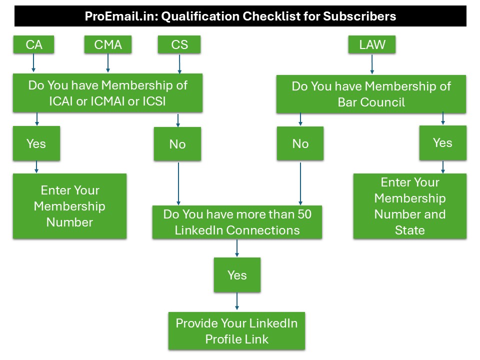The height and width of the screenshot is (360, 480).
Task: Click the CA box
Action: [x=33, y=45]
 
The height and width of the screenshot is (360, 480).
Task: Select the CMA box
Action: [x=108, y=45]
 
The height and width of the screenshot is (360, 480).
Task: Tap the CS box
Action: [x=179, y=45]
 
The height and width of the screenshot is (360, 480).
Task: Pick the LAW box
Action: [x=372, y=45]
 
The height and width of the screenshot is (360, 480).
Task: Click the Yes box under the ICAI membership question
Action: [x=36, y=143]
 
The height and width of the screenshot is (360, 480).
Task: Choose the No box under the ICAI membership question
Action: [x=177, y=144]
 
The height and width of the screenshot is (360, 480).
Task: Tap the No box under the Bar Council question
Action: [x=300, y=144]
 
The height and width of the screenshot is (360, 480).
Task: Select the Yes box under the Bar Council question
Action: [x=442, y=143]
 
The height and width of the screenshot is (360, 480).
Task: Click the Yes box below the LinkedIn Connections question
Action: [x=237, y=275]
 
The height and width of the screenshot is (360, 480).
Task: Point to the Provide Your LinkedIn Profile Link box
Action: [x=236, y=331]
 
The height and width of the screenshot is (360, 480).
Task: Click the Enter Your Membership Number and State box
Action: [x=410, y=206]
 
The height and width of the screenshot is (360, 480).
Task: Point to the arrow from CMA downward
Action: [x=108, y=63]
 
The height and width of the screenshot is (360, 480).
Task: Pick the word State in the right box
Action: [x=409, y=230]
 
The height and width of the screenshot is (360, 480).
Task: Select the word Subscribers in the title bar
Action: [x=359, y=16]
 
